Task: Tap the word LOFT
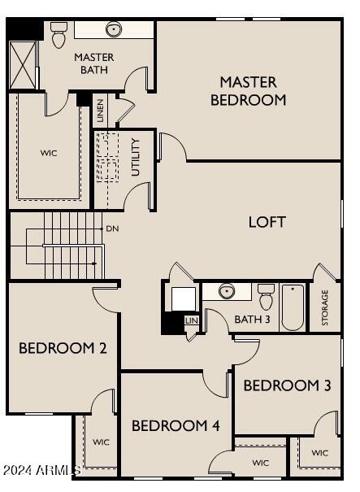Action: tap(267, 221)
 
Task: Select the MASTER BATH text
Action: tap(93, 63)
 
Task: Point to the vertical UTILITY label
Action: tap(136, 157)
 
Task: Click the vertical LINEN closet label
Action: tap(100, 110)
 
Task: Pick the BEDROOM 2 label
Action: tap(63, 348)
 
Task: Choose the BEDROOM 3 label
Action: tap(287, 385)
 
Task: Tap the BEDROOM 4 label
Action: tap(176, 425)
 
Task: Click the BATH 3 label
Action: tap(252, 319)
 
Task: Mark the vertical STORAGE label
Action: tap(325, 307)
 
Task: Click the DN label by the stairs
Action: tap(112, 229)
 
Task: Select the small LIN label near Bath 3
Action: tap(191, 321)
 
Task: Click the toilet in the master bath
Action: tap(59, 34)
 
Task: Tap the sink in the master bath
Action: tap(113, 30)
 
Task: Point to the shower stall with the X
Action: tap(24, 65)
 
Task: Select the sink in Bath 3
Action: tap(227, 291)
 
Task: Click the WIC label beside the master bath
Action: tap(49, 152)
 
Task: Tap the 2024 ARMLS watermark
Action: tap(41, 470)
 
